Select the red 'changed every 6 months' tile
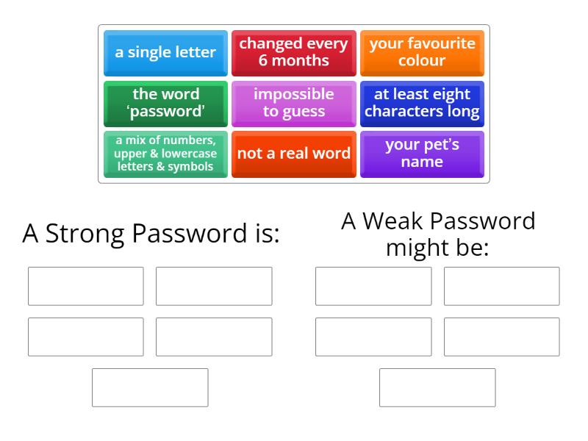[x=293, y=53]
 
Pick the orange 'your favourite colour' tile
[x=422, y=53]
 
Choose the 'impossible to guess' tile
[x=293, y=104]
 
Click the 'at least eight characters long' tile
[x=422, y=104]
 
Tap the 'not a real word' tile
[x=293, y=154]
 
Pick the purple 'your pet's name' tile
[x=422, y=154]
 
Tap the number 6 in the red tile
[x=263, y=61]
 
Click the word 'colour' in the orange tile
[x=422, y=61]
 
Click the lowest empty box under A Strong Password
[x=150, y=387]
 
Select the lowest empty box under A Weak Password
[x=437, y=387]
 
